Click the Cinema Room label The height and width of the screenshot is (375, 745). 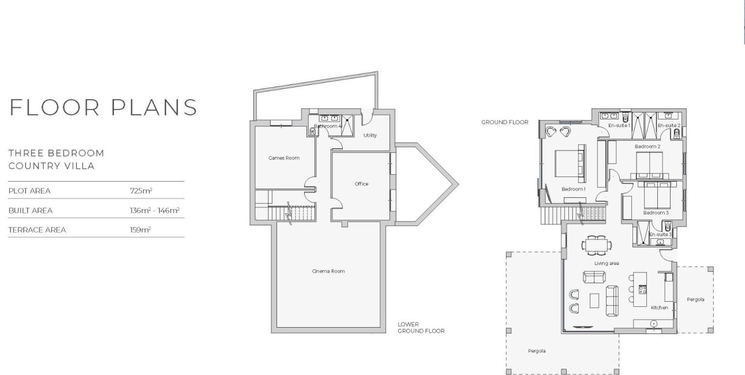[x=328, y=271]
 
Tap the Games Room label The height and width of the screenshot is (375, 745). [x=284, y=158]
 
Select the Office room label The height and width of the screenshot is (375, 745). [x=361, y=184]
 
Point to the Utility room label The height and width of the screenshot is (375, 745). [x=370, y=136]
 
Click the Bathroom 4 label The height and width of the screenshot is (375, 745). [x=328, y=126]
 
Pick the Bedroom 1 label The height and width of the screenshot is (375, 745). [x=574, y=189]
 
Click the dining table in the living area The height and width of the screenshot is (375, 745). [x=596, y=245]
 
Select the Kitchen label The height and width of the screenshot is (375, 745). [x=659, y=307]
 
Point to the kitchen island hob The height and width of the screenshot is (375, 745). [x=642, y=290]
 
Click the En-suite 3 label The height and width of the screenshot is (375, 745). [x=660, y=234]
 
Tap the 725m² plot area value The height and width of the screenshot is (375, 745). [x=141, y=190]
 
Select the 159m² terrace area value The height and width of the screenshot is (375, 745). [x=140, y=230]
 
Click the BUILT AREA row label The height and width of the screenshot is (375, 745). [x=31, y=211]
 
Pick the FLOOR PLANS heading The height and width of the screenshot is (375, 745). [x=103, y=107]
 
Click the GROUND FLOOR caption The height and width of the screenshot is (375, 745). [x=504, y=122]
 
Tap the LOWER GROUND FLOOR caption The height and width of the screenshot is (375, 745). [x=421, y=328]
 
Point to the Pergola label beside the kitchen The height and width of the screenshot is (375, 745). [x=695, y=299]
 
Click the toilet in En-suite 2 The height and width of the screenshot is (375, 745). [x=676, y=133]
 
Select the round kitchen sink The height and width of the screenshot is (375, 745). [x=653, y=323]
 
